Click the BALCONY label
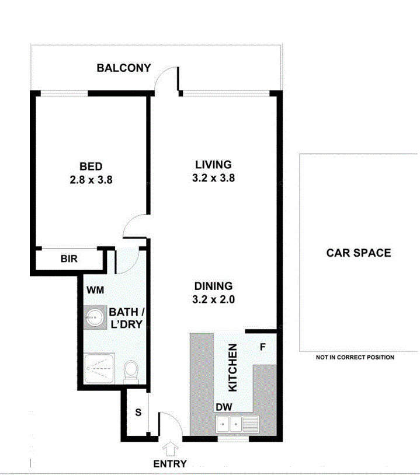point(124,68)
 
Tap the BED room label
point(91,167)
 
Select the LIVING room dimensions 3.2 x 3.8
point(213,179)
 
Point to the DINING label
point(213,286)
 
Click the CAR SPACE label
point(358,253)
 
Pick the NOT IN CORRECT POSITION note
point(355,357)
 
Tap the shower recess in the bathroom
point(99,369)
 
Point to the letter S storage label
point(138,413)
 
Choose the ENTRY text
point(170,464)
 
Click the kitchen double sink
point(230,425)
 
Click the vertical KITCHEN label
point(232,368)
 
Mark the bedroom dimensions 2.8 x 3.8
point(91,180)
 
